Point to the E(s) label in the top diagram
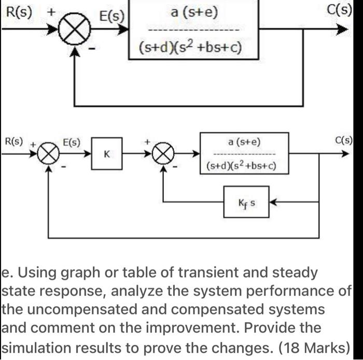click(111, 16)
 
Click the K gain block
click(107, 154)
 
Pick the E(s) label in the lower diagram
click(72, 141)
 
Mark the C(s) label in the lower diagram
click(344, 140)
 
